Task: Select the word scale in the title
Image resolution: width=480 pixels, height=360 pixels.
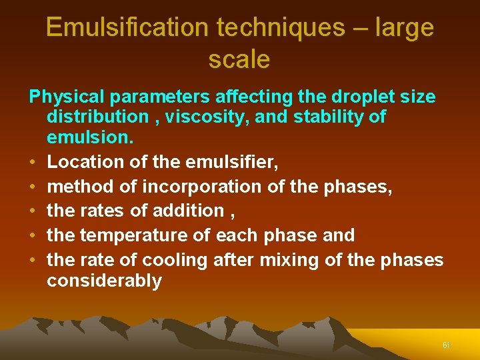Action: (239, 59)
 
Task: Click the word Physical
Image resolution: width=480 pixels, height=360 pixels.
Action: (69, 97)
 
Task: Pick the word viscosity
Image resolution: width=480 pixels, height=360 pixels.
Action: (208, 117)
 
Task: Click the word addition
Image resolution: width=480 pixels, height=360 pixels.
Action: (188, 211)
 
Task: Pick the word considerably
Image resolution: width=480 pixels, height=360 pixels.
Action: (104, 281)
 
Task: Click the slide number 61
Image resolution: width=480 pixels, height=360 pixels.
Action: (446, 345)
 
